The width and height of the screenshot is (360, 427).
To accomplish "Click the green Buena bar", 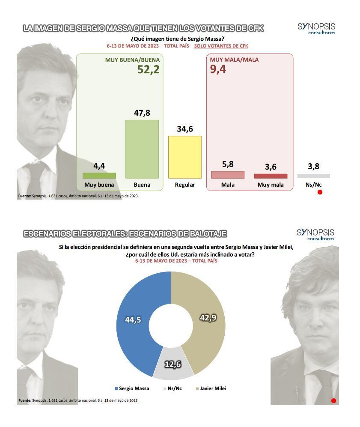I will (x=142, y=149).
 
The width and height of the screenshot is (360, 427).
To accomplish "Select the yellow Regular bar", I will (x=184, y=157).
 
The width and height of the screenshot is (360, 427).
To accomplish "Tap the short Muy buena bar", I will (x=99, y=175).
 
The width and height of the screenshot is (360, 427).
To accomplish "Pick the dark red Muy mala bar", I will (x=271, y=176).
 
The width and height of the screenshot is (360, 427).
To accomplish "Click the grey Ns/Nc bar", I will (x=313, y=176).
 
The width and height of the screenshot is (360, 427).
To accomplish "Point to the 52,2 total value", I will (x=148, y=69).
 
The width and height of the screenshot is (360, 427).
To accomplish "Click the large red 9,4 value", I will (x=218, y=69).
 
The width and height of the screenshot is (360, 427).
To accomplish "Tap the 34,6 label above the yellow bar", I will (x=185, y=128).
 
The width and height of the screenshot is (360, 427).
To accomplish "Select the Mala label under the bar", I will (x=227, y=185).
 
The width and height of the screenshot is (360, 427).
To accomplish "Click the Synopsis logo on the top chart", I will (x=316, y=29).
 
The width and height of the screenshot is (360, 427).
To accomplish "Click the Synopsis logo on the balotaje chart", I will (x=315, y=234).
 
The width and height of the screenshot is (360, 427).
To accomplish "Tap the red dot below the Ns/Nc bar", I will (x=320, y=192).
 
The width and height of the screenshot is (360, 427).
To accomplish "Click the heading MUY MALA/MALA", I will (x=234, y=60).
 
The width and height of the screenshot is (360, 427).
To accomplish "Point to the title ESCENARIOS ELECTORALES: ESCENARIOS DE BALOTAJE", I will (x=125, y=234).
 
